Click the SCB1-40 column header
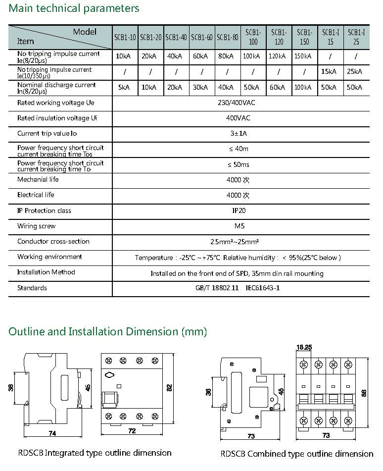pos(176,37)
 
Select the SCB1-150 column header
pos(304,37)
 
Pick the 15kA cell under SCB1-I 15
pos(330,72)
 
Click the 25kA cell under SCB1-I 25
pos(355,72)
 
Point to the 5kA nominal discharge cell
pos(125,88)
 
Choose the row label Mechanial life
pos(38,179)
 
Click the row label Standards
pos(32,288)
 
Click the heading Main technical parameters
pos(74,8)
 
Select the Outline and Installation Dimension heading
pos(108,331)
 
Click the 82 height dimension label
pos(169,388)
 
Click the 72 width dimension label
pos(132,431)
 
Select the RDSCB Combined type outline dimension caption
pos(297,454)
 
